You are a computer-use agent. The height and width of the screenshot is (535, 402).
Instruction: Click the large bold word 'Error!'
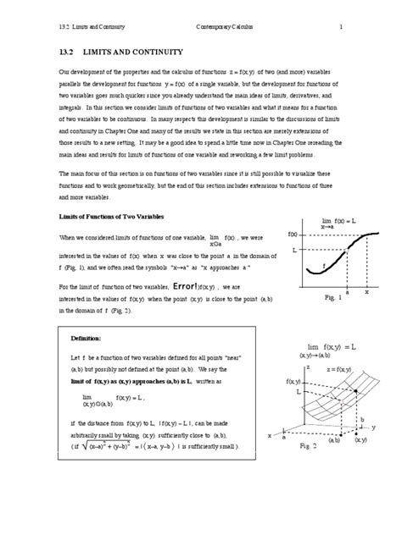196,286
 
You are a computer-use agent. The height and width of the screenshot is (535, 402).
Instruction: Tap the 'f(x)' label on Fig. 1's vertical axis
293,233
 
